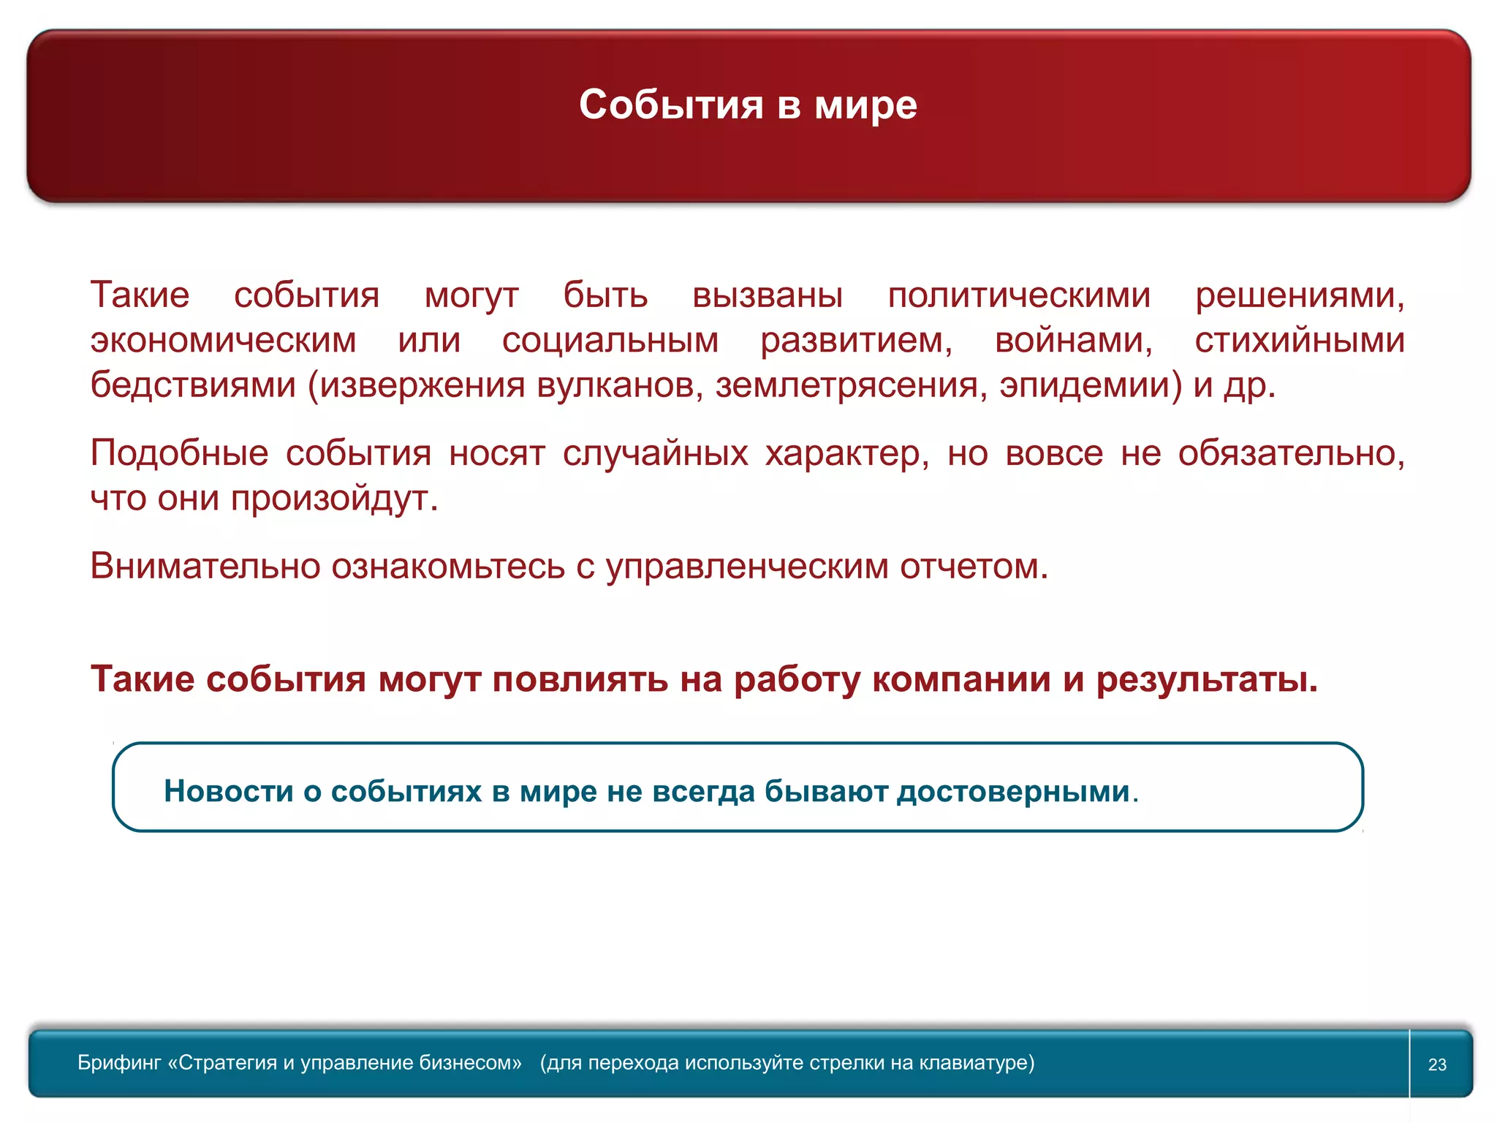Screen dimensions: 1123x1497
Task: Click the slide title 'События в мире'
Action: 748,105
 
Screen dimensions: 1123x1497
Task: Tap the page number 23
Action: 1437,1065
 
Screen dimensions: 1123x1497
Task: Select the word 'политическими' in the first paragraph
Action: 1019,295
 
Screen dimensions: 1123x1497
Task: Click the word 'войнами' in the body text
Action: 1073,341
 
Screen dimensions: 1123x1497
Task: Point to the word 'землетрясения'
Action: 847,385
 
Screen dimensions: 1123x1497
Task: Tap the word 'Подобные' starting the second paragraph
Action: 179,453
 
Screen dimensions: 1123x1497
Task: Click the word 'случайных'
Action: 655,453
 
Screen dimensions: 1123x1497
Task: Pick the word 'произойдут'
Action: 333,499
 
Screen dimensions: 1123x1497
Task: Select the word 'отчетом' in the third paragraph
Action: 973,566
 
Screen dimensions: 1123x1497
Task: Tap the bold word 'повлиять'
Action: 580,679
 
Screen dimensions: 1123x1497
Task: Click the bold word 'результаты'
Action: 1206,679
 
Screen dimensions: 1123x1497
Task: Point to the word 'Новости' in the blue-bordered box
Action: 229,791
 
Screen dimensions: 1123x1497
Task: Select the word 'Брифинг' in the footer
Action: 119,1063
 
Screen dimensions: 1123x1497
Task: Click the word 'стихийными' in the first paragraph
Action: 1299,341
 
